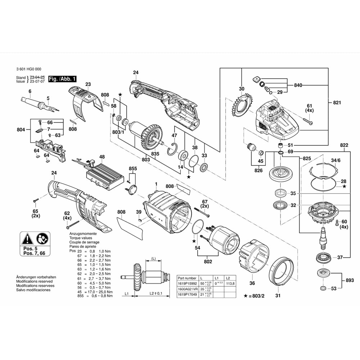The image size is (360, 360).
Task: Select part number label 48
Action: [102, 157]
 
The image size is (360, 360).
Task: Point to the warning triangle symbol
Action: [28, 238]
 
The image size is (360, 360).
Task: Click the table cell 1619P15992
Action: [187, 283]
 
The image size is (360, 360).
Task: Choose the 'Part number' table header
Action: [187, 278]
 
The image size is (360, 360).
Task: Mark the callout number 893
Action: [350, 280]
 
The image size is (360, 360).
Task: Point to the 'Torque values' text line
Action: [80, 238]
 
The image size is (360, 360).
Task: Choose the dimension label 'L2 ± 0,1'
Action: [156, 294]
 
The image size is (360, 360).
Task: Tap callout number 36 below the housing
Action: [252, 283]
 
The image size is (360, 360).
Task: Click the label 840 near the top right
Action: [298, 85]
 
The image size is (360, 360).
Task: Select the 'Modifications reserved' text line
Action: [34, 281]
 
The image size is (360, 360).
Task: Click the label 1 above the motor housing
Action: [156, 184]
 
